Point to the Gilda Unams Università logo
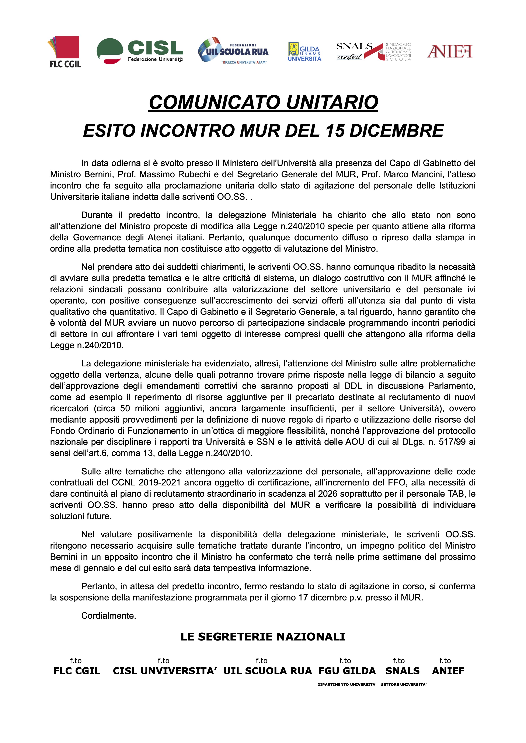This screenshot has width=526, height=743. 304,52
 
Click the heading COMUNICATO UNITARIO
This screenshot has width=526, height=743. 263,102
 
